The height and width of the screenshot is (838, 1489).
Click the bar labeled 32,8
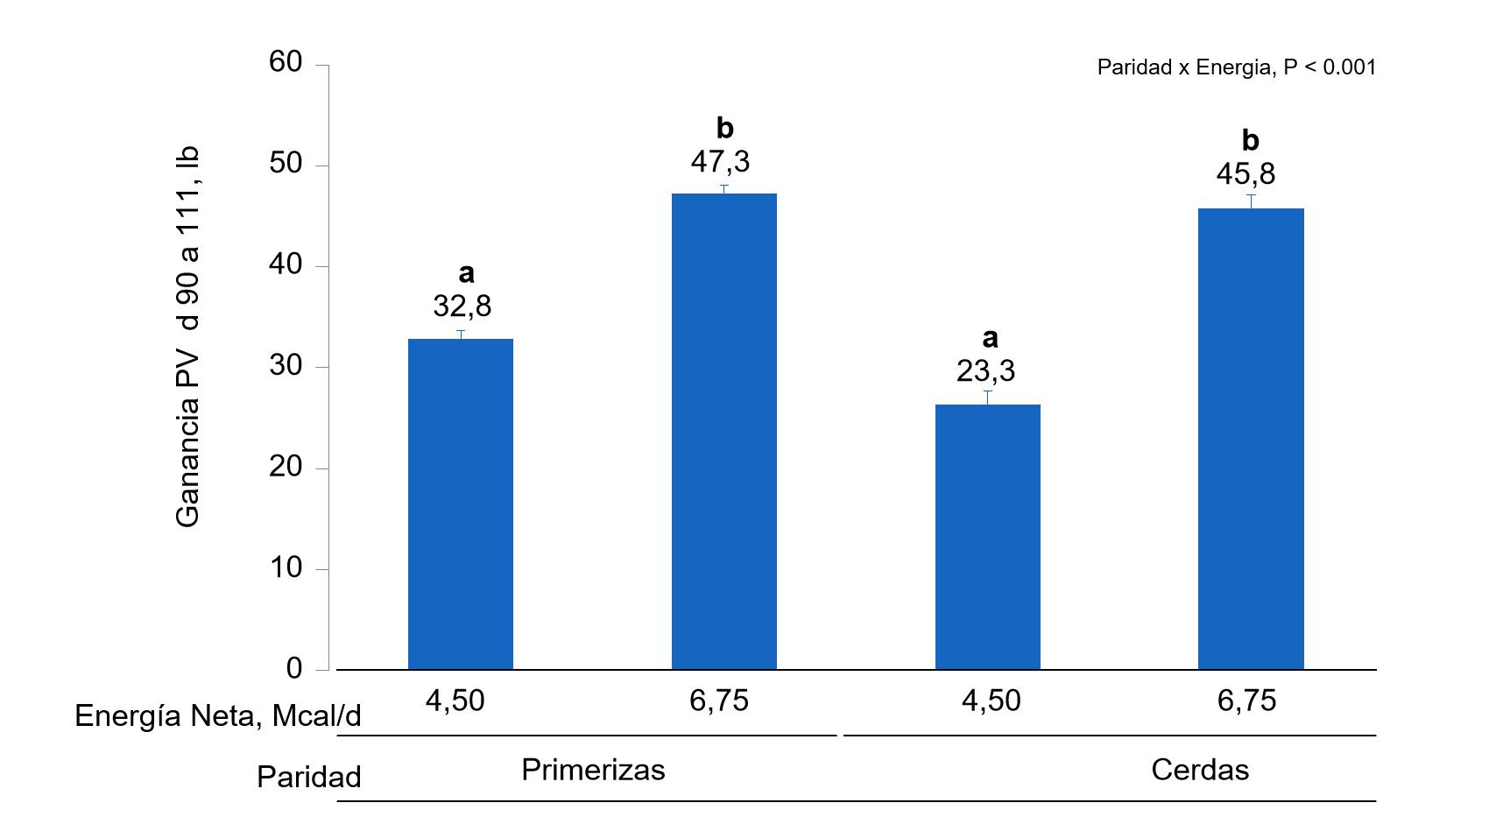click(x=461, y=504)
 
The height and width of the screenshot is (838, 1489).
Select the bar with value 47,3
click(x=723, y=431)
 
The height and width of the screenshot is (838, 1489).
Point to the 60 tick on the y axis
click(x=286, y=62)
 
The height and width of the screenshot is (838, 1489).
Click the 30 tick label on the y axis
click(x=286, y=366)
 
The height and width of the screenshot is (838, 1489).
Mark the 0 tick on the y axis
click(x=293, y=669)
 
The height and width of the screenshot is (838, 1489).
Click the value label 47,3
click(x=720, y=162)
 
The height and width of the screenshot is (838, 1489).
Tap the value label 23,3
click(x=985, y=371)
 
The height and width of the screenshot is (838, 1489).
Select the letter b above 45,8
click(x=1250, y=140)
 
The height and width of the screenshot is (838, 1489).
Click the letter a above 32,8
click(x=466, y=273)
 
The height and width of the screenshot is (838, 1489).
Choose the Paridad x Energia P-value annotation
click(x=1236, y=67)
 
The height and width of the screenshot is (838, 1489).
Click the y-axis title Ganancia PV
click(x=188, y=337)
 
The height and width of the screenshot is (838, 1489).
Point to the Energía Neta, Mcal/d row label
click(x=217, y=716)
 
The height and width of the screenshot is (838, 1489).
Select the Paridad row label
click(x=308, y=777)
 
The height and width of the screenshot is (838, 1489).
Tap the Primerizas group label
click(x=593, y=770)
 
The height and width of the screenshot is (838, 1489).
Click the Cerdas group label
click(x=1199, y=770)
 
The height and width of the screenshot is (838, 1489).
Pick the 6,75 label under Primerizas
click(x=718, y=701)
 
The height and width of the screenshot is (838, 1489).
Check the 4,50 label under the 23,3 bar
click(x=991, y=701)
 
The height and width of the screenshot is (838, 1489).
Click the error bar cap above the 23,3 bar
click(x=987, y=391)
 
